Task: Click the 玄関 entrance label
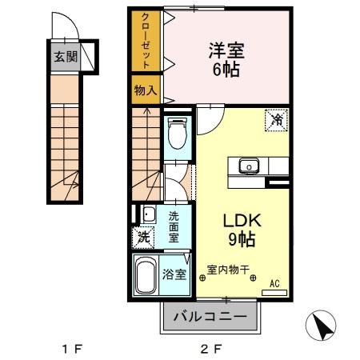point(66,57)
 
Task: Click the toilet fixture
point(176,134)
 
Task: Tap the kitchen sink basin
point(249,166)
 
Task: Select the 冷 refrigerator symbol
point(276,121)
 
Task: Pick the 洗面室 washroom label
point(173,226)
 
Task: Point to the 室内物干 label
point(229,270)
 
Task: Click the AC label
point(274,282)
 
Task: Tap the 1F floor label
point(73,349)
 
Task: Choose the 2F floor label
point(210,349)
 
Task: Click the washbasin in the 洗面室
point(148,214)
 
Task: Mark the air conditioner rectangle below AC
point(274,292)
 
